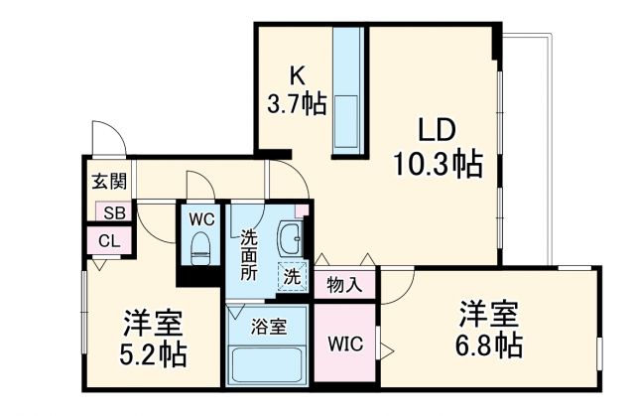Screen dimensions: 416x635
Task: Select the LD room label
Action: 436,129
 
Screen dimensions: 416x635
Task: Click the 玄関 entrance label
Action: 109,181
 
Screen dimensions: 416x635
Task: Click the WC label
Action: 201,217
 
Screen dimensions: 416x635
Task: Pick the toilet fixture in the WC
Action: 201,246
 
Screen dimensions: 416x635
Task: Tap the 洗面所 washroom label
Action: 250,253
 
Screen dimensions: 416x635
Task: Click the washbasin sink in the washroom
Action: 292,238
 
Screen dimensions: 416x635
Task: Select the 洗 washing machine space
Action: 292,276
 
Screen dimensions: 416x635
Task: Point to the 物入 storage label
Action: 343,285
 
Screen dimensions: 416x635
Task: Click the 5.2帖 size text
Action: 156,353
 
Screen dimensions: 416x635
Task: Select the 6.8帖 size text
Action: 490,346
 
